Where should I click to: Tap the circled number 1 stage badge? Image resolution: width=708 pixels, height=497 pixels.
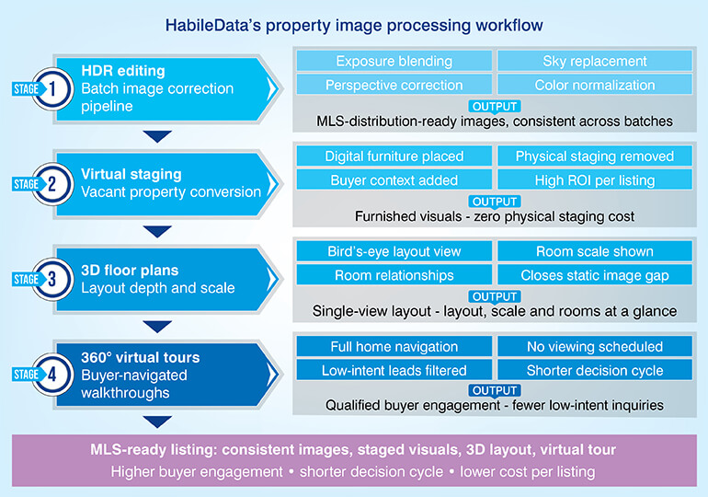click(53, 89)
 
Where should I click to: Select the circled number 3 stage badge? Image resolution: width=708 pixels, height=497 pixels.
click(53, 279)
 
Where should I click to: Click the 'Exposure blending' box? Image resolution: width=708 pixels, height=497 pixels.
click(394, 62)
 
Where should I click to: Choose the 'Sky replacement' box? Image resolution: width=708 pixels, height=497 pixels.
click(594, 62)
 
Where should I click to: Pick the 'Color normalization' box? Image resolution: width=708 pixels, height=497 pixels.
click(594, 86)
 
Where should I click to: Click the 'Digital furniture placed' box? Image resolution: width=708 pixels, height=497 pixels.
click(394, 156)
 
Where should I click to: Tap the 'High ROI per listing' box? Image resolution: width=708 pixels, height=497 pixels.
click(594, 180)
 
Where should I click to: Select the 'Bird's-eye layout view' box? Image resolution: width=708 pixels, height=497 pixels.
click(394, 251)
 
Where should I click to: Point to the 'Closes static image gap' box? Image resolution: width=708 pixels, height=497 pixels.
click(594, 275)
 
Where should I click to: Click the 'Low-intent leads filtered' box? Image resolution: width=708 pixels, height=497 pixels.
click(394, 371)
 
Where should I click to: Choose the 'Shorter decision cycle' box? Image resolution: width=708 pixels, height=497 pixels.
click(594, 371)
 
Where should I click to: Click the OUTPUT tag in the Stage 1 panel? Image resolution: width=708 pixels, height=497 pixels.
click(494, 106)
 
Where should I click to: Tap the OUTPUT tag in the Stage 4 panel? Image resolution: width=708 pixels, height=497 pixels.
click(494, 390)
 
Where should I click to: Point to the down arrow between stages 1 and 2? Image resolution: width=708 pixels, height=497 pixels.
click(158, 136)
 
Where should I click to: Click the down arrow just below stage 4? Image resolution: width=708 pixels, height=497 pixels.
click(158, 422)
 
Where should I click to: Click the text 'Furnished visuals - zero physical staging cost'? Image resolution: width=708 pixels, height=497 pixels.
click(494, 216)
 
